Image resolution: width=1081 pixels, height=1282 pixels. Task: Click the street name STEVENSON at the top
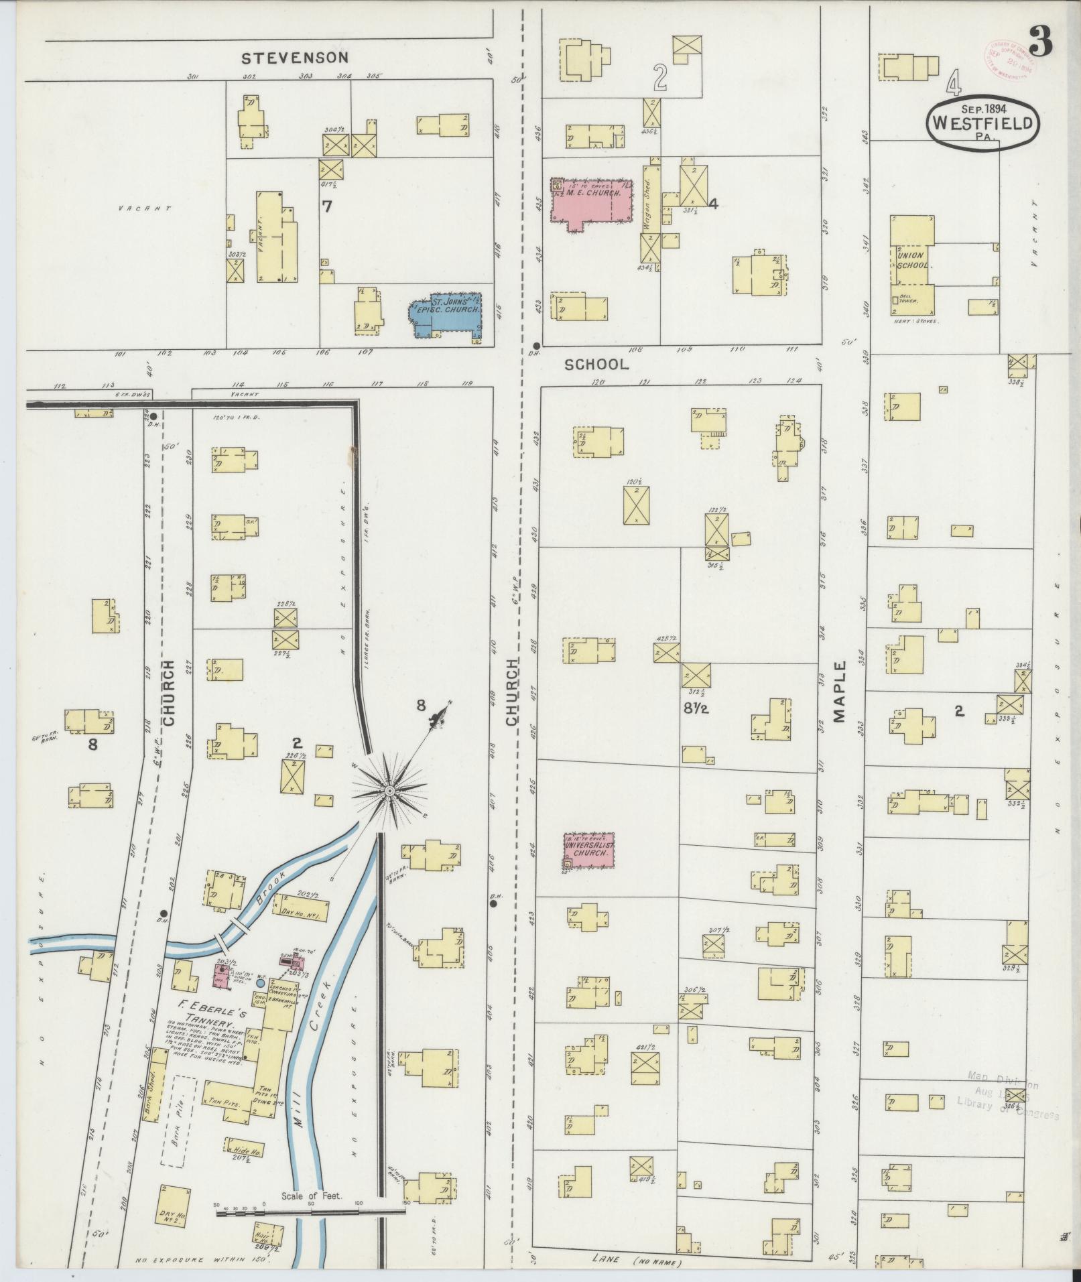coord(295,58)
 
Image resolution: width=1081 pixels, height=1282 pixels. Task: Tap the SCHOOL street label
coord(596,365)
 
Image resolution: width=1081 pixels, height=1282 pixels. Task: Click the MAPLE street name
coord(840,692)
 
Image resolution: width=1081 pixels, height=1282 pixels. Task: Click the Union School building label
coord(911,260)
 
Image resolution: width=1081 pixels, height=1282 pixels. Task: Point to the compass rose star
coord(388,791)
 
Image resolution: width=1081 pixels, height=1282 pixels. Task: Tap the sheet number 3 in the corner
coord(1041,42)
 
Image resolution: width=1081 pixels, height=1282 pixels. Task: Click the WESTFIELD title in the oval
coord(982,123)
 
